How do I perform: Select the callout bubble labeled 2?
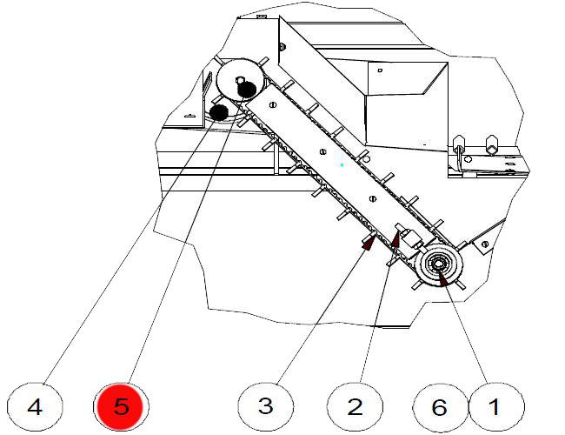[355, 405]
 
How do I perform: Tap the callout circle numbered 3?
[266, 405]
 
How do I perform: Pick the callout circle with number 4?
[35, 405]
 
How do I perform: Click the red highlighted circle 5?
[122, 405]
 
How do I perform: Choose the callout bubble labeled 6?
[439, 405]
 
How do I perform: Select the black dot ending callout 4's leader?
[219, 111]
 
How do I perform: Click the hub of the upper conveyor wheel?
[240, 80]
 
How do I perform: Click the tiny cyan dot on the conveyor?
[342, 164]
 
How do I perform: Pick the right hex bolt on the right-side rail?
[490, 139]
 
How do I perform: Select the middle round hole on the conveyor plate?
[322, 151]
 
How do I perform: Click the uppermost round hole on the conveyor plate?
[274, 104]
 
